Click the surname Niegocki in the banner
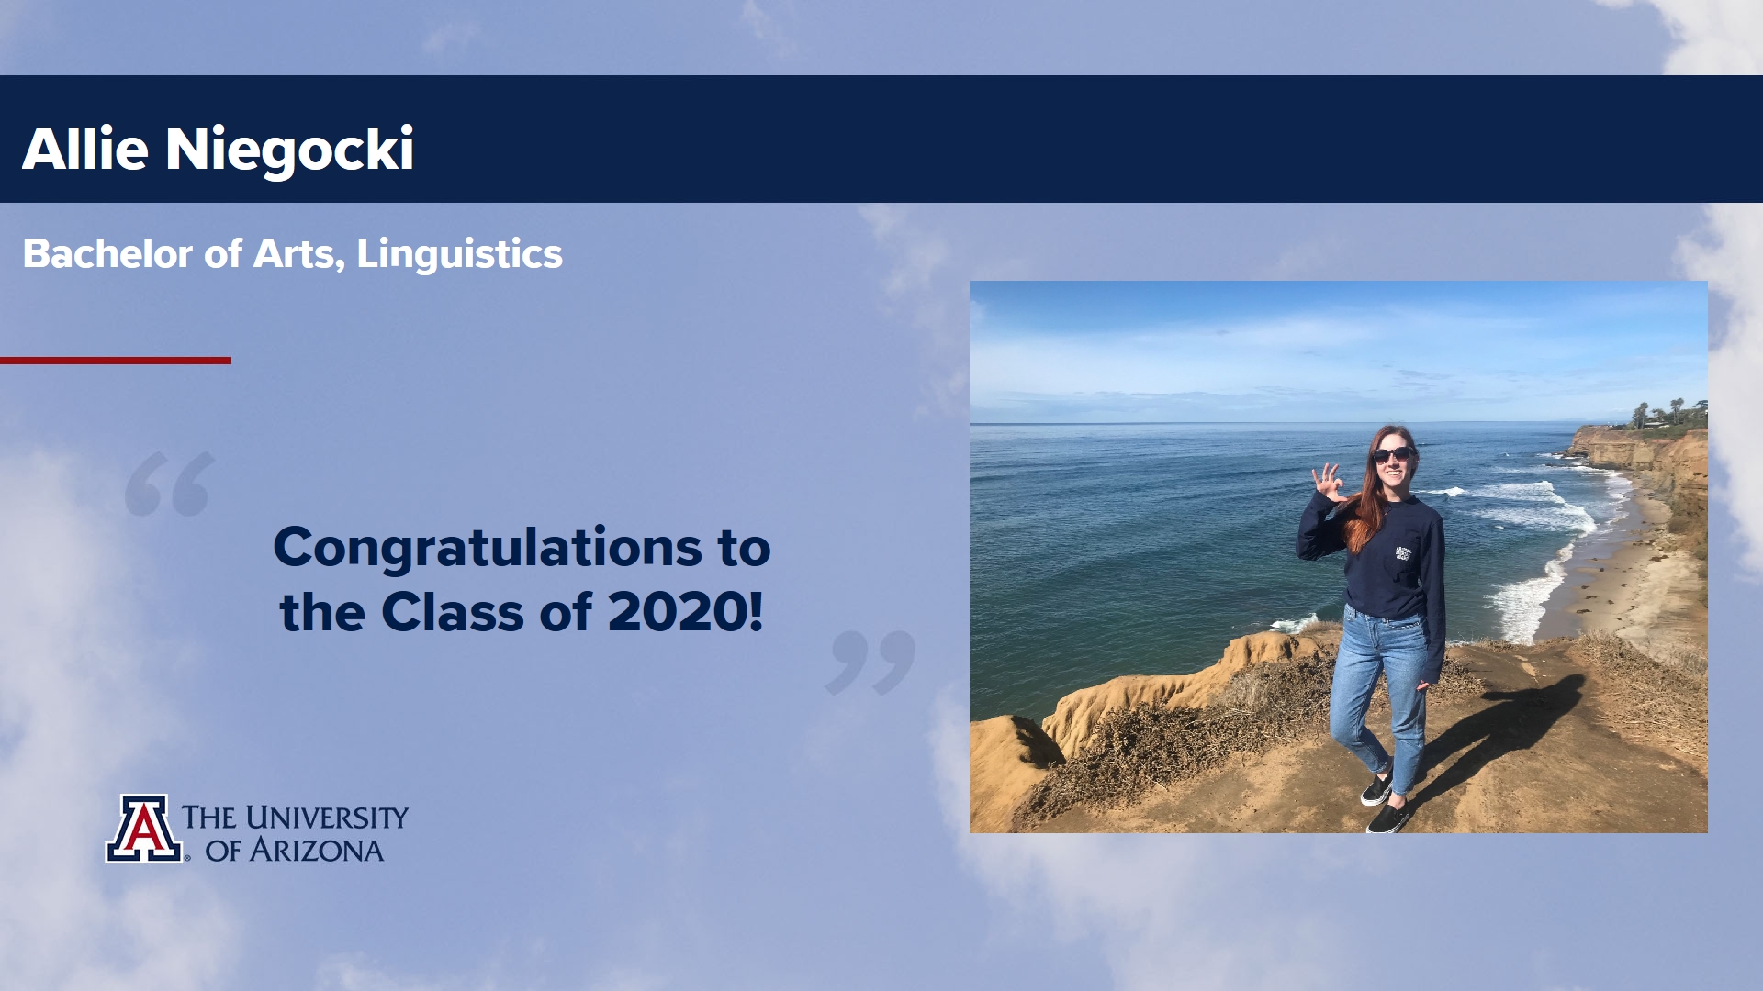tap(289, 150)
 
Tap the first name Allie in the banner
tap(85, 148)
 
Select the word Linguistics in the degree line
tap(459, 254)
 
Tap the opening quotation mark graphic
tap(170, 484)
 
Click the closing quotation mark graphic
tap(870, 663)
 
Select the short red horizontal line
tap(116, 361)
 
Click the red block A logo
tap(144, 829)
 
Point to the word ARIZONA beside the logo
tap(317, 851)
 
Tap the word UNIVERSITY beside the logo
tap(327, 818)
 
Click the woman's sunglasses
tap(1392, 454)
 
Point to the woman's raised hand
tap(1327, 482)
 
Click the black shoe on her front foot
tap(1387, 817)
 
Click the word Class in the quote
tap(452, 612)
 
